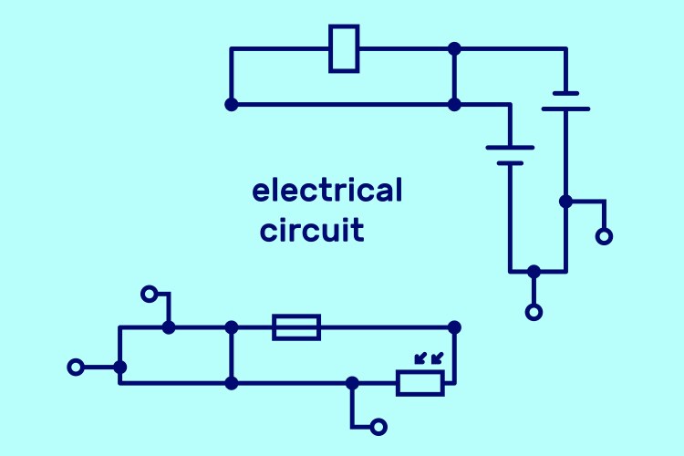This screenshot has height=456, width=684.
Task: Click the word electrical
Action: pyautogui.click(x=326, y=192)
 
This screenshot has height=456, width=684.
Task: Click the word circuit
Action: pyautogui.click(x=312, y=230)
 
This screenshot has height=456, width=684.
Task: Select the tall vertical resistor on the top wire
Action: pyautogui.click(x=344, y=48)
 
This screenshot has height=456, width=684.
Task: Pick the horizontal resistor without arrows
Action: pyautogui.click(x=296, y=326)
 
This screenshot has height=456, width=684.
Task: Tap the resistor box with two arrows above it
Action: pyautogui.click(x=420, y=383)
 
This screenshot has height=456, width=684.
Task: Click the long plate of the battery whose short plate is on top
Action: pyautogui.click(x=565, y=109)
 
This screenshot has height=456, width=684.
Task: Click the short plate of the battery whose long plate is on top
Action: pyautogui.click(x=510, y=163)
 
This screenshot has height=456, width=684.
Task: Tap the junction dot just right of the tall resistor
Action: pyautogui.click(x=454, y=48)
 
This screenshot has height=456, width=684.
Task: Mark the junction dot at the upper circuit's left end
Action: pyautogui.click(x=231, y=105)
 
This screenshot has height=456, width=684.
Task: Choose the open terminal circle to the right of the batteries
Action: pyautogui.click(x=604, y=237)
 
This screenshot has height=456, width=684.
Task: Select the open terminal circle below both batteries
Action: pyautogui.click(x=534, y=312)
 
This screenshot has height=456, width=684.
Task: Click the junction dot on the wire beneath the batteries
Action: pyautogui.click(x=534, y=271)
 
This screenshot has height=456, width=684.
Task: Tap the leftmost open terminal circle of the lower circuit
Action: pyautogui.click(x=77, y=368)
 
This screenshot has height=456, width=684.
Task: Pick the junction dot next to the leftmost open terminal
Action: pyautogui.click(x=119, y=368)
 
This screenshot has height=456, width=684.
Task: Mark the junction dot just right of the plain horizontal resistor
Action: pyautogui.click(x=454, y=326)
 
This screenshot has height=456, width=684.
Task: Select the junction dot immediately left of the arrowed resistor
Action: pyautogui.click(x=353, y=383)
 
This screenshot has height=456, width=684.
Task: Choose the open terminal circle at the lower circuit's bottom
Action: pyautogui.click(x=378, y=426)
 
